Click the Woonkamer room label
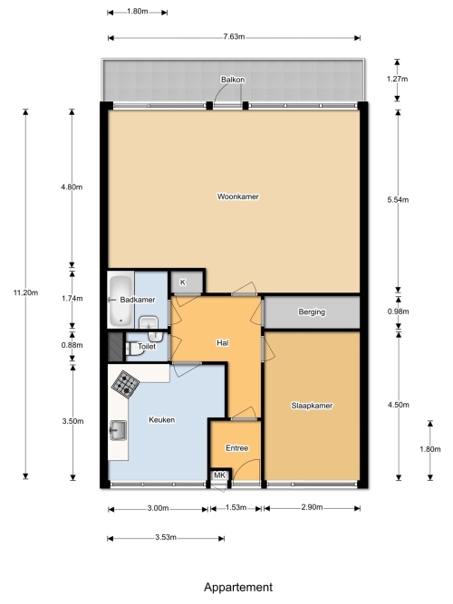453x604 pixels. (x=238, y=197)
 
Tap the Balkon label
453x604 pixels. (x=233, y=80)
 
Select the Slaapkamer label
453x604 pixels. (x=312, y=406)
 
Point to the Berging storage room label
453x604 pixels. (x=312, y=312)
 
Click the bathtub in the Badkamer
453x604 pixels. (x=120, y=301)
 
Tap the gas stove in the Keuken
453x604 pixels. (x=126, y=383)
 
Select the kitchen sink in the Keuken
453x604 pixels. (x=118, y=430)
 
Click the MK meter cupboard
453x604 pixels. (x=220, y=475)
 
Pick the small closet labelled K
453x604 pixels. (x=187, y=283)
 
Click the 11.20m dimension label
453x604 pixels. (x=26, y=292)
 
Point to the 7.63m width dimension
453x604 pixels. (x=234, y=37)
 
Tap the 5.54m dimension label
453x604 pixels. (x=398, y=200)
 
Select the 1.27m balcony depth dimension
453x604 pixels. (x=397, y=79)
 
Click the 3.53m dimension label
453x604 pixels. (x=166, y=537)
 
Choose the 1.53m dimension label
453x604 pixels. (x=236, y=507)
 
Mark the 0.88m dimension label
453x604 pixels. (x=72, y=345)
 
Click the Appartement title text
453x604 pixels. (x=238, y=587)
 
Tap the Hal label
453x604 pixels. (x=223, y=343)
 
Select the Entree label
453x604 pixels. (x=237, y=448)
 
